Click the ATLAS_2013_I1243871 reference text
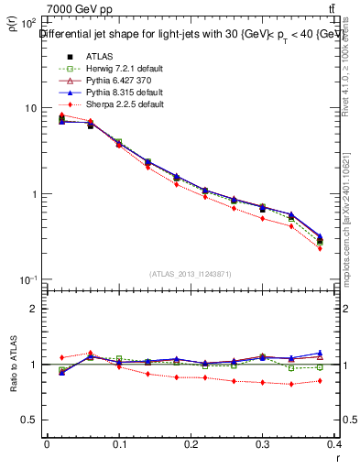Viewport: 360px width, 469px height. pos(190,274)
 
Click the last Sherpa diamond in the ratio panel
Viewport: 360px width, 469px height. pos(320,380)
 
